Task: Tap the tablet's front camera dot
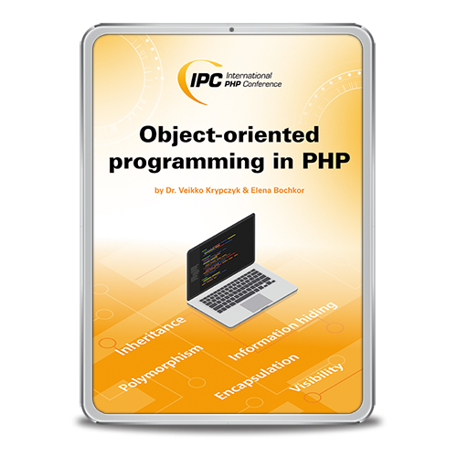coord(231,29)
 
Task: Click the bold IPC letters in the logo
coord(206,80)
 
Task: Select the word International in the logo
coord(249,76)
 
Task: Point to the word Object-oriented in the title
coord(229,135)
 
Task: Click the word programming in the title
coord(186,163)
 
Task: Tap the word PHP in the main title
coord(325,161)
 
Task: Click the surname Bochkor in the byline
coord(289,190)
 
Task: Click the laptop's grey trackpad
coord(257,303)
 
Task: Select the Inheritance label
coord(151,335)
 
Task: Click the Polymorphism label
coord(160,367)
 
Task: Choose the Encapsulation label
coord(257,377)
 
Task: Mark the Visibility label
coord(315,377)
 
